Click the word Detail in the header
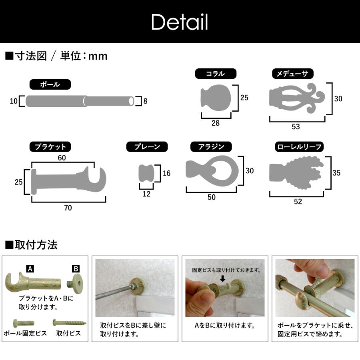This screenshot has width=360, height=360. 180,22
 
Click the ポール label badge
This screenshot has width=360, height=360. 50,84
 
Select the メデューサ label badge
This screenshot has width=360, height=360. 292,74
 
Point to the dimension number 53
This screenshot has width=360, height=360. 296,127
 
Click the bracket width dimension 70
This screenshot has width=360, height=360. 68,208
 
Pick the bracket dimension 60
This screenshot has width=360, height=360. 62,158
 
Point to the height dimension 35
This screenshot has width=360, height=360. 336,173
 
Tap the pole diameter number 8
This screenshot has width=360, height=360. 145,101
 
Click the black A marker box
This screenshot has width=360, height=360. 30,268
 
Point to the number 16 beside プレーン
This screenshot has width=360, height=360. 166,173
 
